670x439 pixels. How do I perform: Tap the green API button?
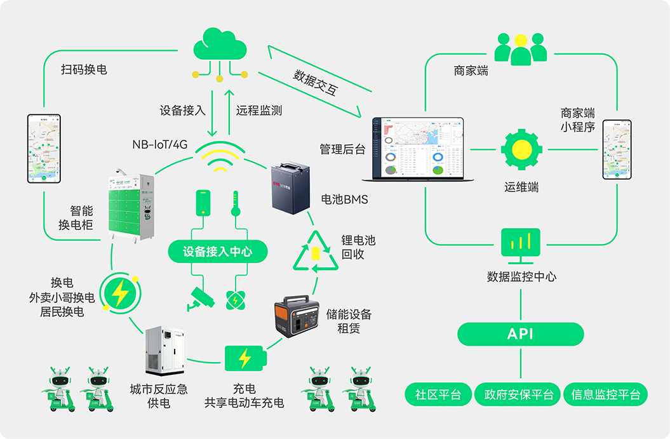[520, 334]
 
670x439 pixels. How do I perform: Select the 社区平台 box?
[438, 395]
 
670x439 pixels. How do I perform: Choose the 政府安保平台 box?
[519, 395]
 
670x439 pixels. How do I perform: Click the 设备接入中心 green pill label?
[218, 252]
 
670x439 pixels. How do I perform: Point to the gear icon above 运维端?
[521, 150]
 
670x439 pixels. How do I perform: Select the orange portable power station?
[295, 316]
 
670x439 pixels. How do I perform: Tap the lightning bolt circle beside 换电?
[119, 293]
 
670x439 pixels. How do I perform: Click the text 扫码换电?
[84, 69]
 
